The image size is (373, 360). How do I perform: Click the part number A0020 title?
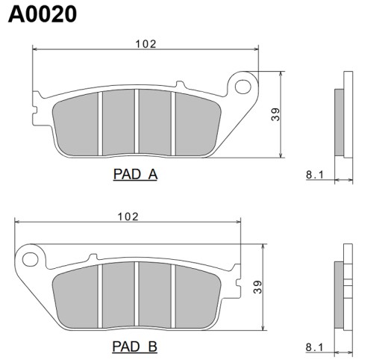pyautogui.click(x=42, y=14)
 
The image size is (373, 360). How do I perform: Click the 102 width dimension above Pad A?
pyautogui.click(x=145, y=44)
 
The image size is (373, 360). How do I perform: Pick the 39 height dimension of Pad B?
pyautogui.click(x=257, y=287)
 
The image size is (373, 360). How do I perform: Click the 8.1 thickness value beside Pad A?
pyautogui.click(x=314, y=176)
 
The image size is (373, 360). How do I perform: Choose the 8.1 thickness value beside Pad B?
pyautogui.click(x=314, y=347)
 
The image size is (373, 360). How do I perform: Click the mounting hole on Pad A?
pyautogui.click(x=242, y=87)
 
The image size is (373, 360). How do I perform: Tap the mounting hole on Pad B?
pyautogui.click(x=31, y=259)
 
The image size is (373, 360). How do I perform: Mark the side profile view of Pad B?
pyautogui.click(x=344, y=287)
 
